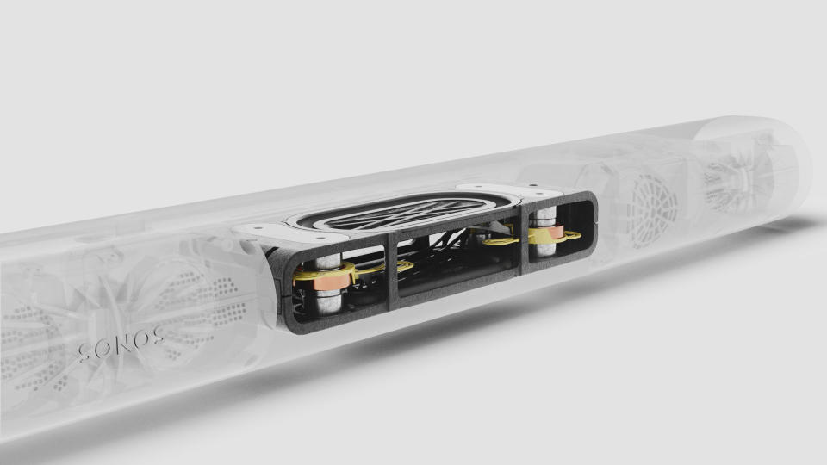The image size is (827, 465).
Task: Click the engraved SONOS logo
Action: [121, 344]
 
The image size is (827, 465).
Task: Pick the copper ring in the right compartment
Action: [552, 234]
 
